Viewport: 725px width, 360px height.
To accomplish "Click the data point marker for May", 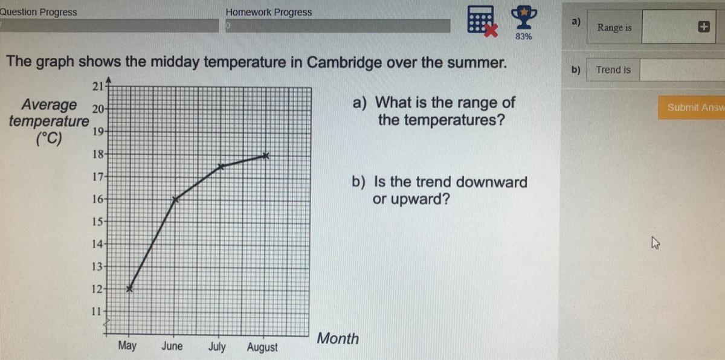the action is [129, 289].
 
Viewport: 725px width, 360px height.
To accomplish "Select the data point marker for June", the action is [175, 199].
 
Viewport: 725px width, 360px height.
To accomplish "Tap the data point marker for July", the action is [221, 167].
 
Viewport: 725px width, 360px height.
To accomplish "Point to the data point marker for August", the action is [265, 156].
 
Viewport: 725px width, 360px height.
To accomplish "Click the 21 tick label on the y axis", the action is [98, 86].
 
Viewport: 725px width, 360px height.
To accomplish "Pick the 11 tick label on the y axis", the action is [97, 311].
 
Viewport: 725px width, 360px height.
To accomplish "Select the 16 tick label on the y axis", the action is [98, 199].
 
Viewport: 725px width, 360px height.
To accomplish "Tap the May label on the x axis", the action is [127, 346].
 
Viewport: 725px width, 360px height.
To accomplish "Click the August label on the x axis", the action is [262, 347].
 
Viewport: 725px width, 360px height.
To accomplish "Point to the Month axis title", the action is [338, 338].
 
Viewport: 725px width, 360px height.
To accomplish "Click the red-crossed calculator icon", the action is [482, 21].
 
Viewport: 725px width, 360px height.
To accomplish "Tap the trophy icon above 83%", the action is [524, 17].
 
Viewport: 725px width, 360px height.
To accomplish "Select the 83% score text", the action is [524, 37].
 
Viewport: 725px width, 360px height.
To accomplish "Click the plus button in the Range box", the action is [704, 27].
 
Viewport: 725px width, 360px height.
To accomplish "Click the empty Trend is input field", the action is [682, 69].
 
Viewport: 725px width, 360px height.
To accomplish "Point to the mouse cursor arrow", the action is [656, 243].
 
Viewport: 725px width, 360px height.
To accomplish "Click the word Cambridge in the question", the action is [344, 62].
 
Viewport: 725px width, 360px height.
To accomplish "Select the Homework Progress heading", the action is [269, 12].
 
